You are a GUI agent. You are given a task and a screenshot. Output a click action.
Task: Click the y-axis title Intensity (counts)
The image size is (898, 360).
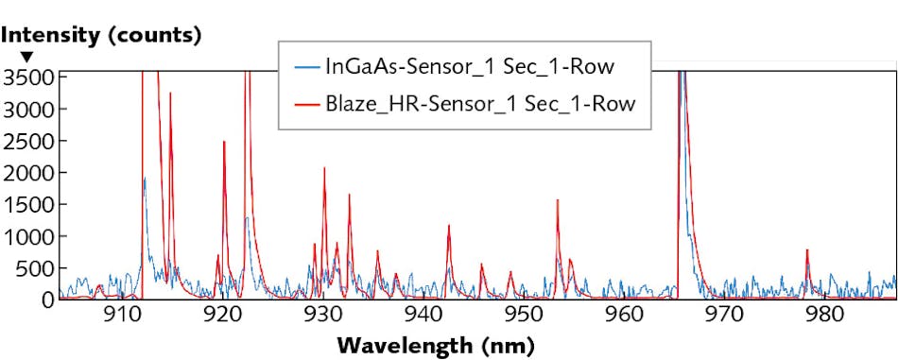click(x=101, y=37)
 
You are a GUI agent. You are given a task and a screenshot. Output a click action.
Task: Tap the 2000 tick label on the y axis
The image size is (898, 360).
click(x=29, y=172)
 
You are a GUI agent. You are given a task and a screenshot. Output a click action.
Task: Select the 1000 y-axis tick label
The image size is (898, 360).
click(x=29, y=236)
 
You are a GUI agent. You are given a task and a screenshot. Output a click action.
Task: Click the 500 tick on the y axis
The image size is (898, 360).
click(x=35, y=267)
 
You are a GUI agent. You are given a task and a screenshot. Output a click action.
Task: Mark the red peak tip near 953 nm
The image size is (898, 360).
click(x=558, y=200)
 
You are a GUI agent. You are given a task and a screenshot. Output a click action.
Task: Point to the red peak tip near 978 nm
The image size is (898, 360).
click(x=807, y=250)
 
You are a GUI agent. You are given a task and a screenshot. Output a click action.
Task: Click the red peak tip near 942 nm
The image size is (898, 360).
click(x=448, y=225)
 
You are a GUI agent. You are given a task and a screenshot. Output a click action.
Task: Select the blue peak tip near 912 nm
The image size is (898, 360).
click(x=144, y=179)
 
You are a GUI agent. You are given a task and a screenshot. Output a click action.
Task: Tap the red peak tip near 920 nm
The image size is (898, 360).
click(x=224, y=142)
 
